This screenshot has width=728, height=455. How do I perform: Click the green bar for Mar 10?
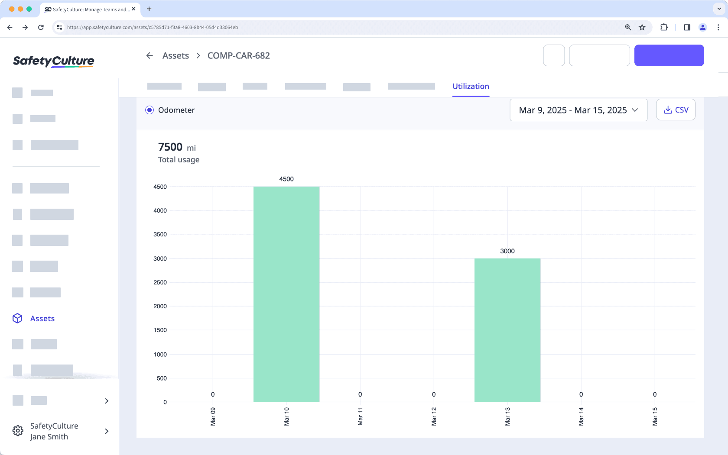286,294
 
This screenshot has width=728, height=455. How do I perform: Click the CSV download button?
676,110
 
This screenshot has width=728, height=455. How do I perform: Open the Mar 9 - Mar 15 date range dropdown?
578,110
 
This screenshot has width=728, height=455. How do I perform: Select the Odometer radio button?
149,110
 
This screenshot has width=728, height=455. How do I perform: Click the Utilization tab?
471,86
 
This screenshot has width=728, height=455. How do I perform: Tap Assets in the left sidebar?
42,319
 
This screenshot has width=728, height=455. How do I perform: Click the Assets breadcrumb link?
175,55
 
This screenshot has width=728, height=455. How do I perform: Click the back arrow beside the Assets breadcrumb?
149,55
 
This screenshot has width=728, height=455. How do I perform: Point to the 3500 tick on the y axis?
160,235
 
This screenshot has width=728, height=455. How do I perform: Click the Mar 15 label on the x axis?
655,416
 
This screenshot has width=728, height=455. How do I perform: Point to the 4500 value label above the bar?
286,179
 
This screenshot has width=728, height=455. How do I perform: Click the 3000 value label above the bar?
507,251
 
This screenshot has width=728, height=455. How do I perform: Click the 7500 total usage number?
170,147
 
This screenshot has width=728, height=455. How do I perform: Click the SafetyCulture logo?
54,61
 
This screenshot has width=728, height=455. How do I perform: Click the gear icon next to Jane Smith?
18,431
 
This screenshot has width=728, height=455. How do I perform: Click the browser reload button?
41,27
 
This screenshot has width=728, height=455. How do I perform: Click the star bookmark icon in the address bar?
642,27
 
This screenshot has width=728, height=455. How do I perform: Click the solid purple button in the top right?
669,55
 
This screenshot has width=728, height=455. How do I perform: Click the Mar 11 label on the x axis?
360,416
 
